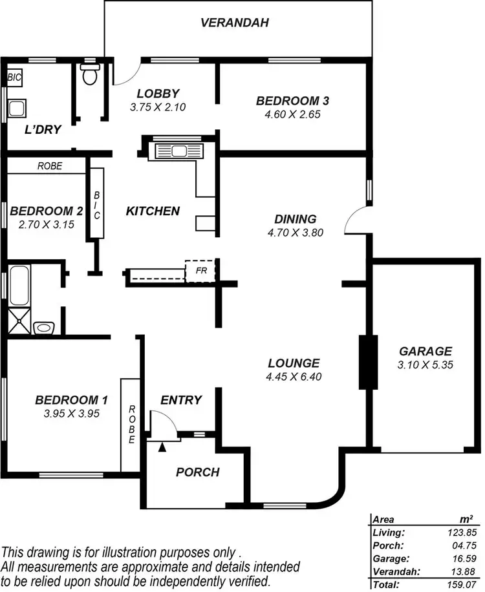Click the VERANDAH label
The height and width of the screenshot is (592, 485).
coord(234,23)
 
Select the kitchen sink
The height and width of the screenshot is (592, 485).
coord(177,152)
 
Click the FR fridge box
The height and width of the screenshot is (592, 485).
coord(200,270)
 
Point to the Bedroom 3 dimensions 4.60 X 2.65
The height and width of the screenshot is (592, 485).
coord(293,114)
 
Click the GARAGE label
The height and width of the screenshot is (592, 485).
coord(425,352)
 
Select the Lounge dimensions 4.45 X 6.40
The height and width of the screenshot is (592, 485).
coord(294,377)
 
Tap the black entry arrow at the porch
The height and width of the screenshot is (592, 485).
coord(162,445)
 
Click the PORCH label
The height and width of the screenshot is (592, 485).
coord(197,472)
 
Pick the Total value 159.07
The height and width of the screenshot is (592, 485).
coord(461,584)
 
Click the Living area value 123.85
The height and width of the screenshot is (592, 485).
coord(461,533)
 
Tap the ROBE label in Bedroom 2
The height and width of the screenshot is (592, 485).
coord(50,166)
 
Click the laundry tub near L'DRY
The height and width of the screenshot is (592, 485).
coord(17,108)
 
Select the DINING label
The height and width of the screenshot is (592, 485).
coord(295,219)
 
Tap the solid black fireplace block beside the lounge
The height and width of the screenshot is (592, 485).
coord(368,362)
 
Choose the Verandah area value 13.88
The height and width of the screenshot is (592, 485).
coord(461,571)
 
